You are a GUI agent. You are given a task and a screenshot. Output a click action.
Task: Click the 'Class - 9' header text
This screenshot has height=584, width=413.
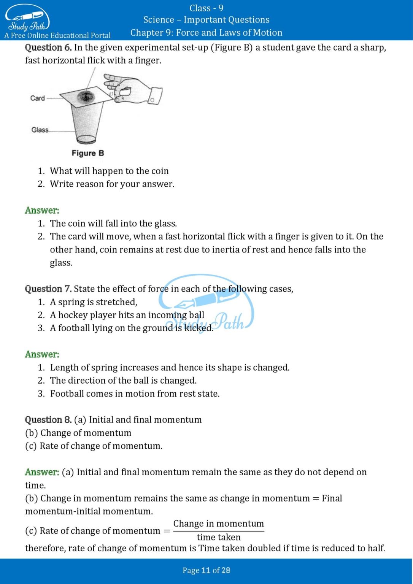coord(206,8)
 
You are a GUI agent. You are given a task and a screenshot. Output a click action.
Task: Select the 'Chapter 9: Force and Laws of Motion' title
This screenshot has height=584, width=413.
coord(206,33)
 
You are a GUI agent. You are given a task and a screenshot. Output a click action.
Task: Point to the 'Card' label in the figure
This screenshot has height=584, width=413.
coord(37,98)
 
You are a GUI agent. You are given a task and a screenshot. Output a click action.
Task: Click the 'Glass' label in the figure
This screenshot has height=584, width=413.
coord(40,130)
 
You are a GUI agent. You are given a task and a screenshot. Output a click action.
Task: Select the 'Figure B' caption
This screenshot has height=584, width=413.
coord(87,153)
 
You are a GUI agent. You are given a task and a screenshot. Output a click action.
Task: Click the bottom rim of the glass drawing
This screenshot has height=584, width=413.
coord(86,139)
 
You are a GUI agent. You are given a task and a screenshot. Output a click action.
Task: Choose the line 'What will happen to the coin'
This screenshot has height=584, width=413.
coord(109,171)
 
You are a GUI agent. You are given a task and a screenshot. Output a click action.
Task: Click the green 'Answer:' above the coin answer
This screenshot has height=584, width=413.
coord(42,210)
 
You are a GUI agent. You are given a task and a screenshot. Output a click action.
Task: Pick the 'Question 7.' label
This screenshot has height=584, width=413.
coord(48,289)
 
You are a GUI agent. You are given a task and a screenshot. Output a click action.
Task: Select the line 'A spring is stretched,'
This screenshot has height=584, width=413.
coord(94,302)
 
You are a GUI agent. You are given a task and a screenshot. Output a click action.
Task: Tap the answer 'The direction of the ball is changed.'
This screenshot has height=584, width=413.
coord(123,381)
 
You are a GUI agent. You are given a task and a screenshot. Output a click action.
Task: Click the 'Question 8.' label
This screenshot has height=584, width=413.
coord(48,420)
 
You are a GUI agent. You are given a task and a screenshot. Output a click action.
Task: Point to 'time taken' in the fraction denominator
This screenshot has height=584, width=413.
coord(219,537)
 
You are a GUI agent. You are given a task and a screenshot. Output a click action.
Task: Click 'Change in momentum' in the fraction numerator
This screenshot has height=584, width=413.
coord(218,524)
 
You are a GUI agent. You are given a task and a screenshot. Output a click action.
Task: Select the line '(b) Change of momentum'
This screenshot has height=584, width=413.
coord(78,433)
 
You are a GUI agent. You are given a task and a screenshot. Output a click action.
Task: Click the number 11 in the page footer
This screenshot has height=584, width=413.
coord(206,570)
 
